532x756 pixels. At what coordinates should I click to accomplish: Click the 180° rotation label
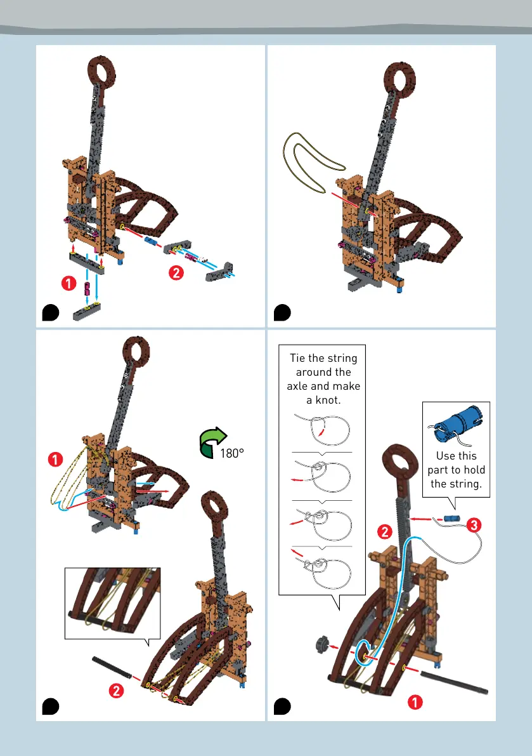point(232,453)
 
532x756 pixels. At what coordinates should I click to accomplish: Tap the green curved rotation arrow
point(211,442)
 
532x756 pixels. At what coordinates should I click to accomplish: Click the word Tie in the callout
point(297,358)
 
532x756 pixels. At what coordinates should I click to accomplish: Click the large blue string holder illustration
point(455,424)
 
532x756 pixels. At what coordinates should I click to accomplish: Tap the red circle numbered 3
point(474,525)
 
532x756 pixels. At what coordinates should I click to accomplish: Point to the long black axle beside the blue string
point(454,683)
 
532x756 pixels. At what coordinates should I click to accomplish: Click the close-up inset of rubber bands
point(113,602)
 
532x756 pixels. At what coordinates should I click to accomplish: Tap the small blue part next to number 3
point(451,519)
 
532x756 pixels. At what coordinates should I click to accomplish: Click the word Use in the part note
point(446,456)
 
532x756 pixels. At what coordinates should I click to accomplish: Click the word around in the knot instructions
point(323,372)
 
